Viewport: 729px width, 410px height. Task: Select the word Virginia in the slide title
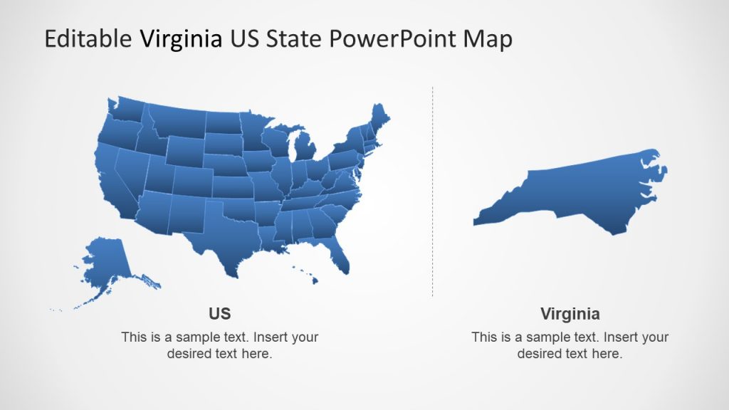click(180, 39)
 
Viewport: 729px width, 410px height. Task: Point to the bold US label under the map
click(219, 314)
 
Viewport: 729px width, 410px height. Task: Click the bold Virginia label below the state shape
click(570, 314)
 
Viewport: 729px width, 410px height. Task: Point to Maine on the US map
click(381, 117)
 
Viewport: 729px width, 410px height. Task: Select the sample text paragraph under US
click(219, 345)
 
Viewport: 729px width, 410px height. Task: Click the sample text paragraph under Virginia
click(570, 345)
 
